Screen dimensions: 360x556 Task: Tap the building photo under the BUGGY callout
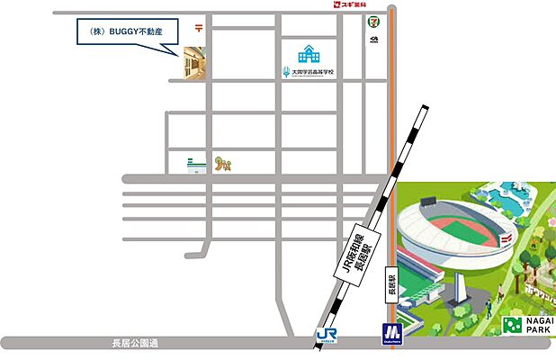click(194, 64)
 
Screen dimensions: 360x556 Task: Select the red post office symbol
click(197, 28)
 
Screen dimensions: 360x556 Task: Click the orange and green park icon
click(223, 163)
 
